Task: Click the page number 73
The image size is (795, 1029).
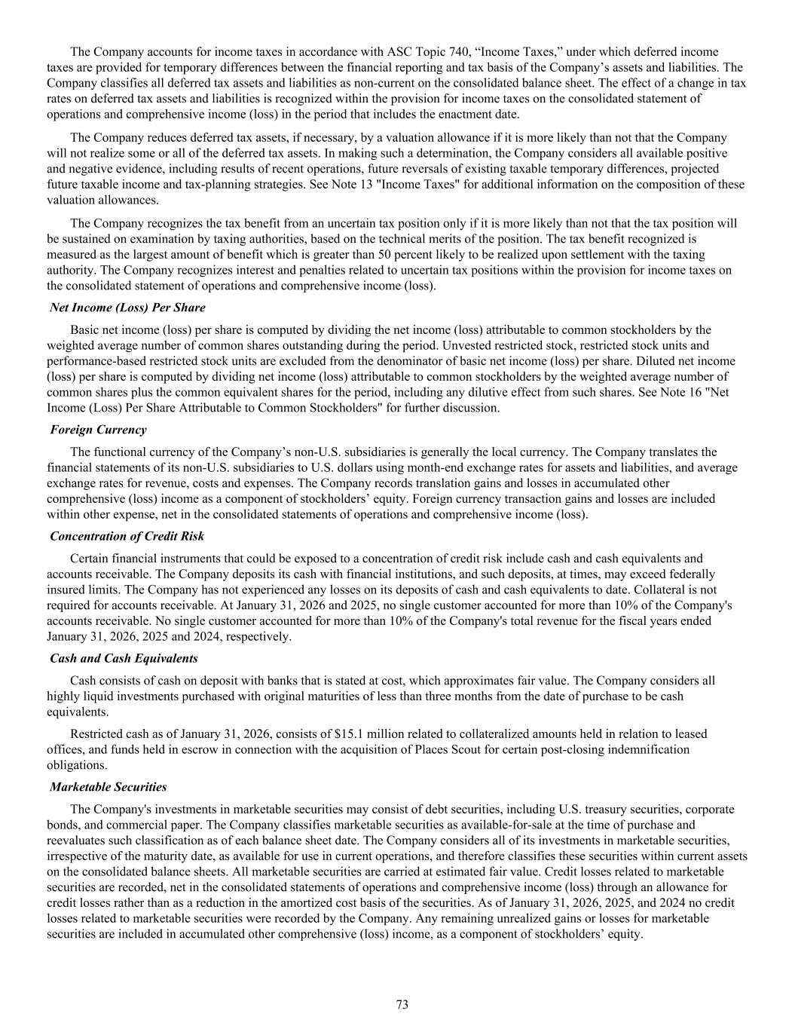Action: (x=402, y=1004)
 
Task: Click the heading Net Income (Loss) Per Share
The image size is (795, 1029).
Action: (x=127, y=308)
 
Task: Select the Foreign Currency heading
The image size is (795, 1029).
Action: (x=98, y=430)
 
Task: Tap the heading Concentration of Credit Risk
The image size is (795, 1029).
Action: (x=127, y=536)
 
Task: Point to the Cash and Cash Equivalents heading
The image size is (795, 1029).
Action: (x=124, y=658)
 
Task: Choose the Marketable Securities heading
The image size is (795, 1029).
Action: (x=108, y=787)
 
